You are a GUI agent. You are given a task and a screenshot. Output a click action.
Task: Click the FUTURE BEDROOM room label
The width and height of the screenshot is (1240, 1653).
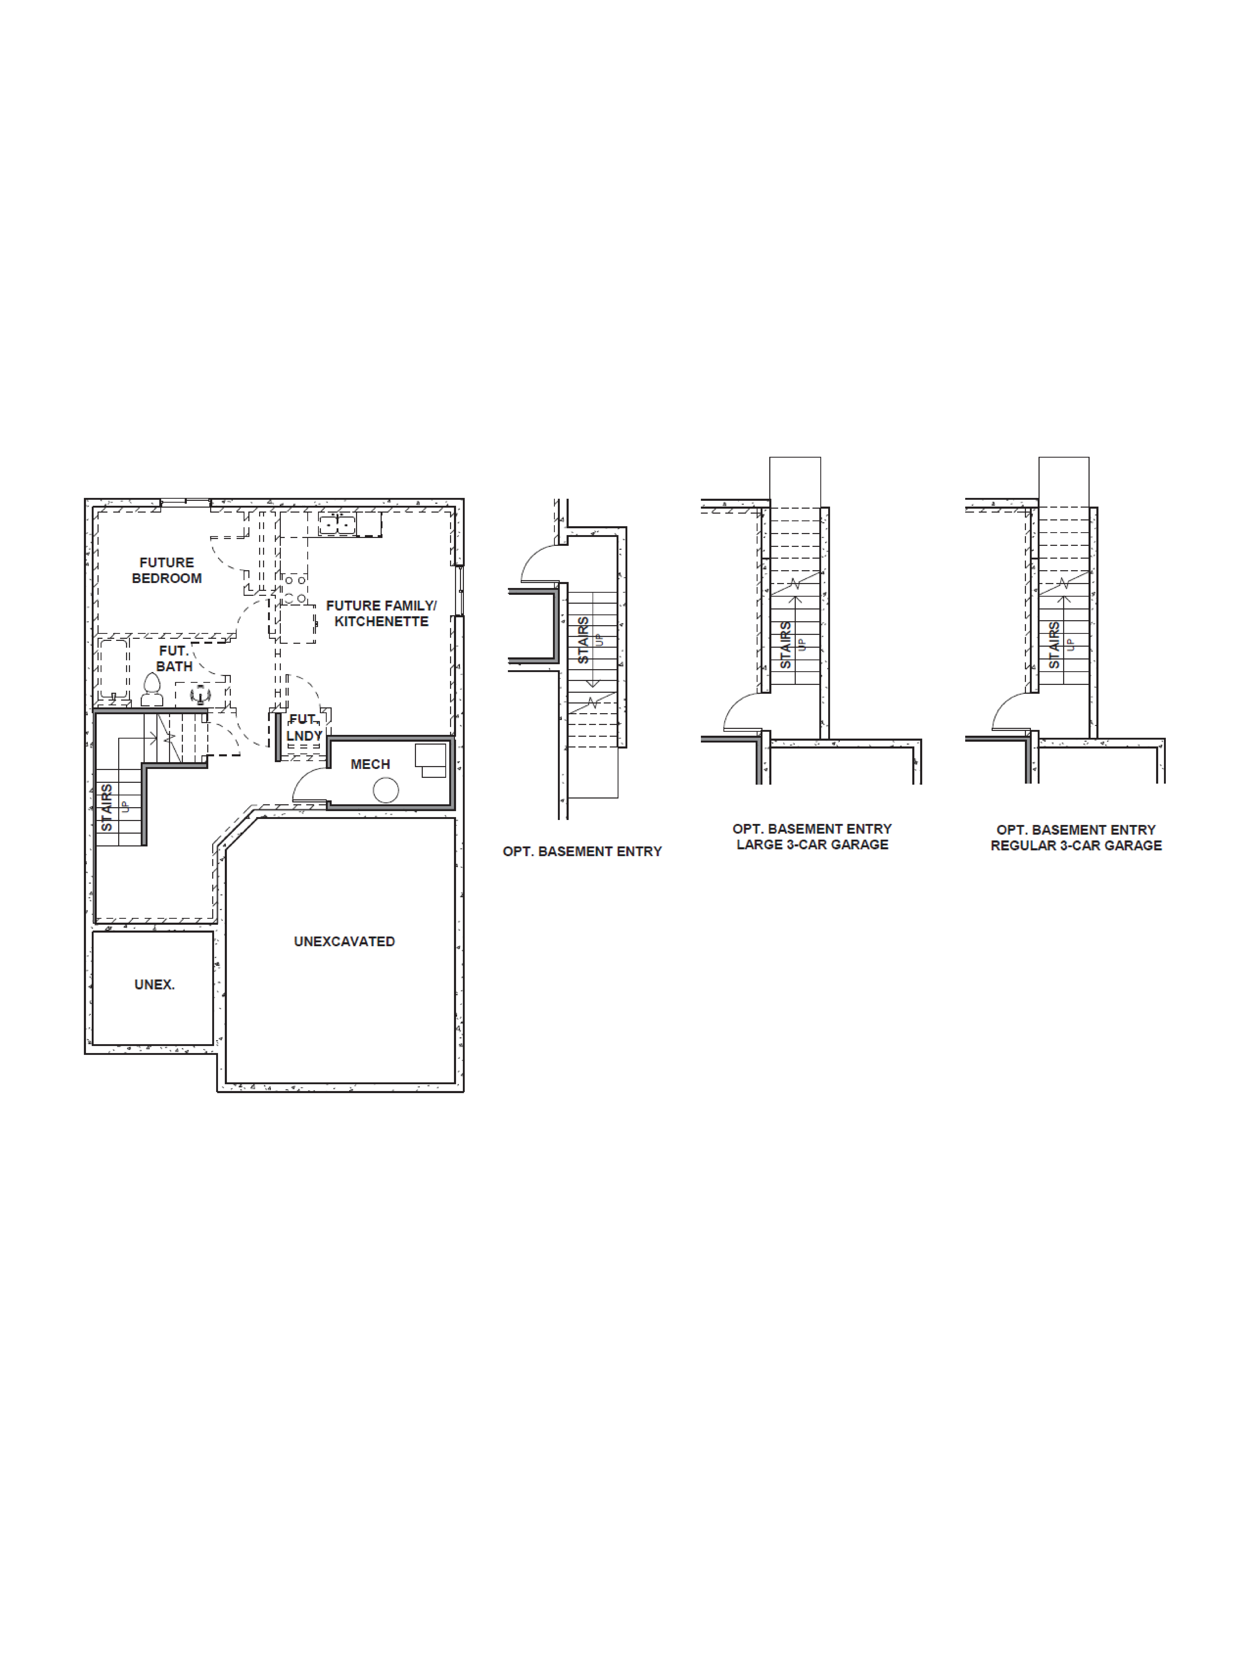167,570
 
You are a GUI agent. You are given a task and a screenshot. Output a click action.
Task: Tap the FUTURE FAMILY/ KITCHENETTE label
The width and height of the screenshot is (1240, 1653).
381,614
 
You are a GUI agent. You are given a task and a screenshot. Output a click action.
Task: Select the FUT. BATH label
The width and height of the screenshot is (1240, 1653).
174,658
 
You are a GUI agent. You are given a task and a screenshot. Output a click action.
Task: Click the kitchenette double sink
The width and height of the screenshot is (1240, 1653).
337,525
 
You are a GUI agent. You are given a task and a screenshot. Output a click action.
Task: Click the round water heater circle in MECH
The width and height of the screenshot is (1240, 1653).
386,790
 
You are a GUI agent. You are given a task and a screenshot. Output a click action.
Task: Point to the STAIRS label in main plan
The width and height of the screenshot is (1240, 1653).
107,807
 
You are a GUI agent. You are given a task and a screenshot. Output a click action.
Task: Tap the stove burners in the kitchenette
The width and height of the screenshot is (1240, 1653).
294,589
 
